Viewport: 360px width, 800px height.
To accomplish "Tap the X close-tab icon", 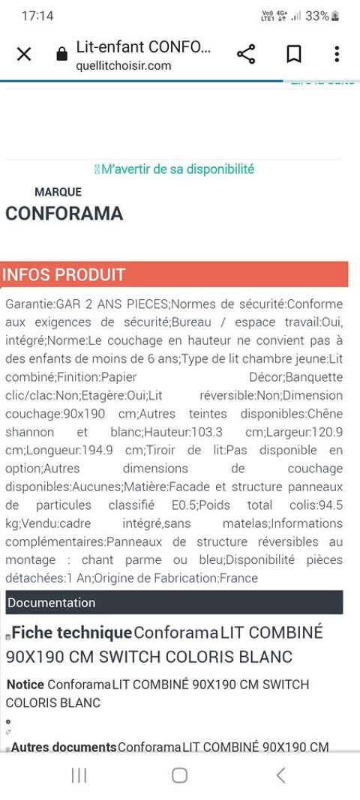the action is click(24, 54).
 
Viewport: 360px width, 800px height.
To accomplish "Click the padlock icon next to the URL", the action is click(62, 55).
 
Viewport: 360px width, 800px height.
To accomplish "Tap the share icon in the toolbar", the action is click(246, 54).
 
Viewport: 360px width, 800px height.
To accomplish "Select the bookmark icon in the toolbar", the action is click(293, 54).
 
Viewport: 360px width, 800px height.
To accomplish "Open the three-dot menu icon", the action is click(337, 54).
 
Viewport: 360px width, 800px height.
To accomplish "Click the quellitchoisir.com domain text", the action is click(123, 65).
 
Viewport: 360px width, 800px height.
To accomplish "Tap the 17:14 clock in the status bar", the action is click(37, 16).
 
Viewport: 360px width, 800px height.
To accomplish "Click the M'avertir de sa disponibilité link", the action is click(177, 169).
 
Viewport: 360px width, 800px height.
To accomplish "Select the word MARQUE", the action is click(58, 192).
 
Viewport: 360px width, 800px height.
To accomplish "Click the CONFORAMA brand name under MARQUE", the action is click(64, 214).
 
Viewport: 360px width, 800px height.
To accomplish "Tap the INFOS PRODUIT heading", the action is click(64, 274).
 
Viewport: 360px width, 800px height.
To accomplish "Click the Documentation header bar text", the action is click(51, 603).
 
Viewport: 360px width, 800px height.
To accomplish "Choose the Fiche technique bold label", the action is click(71, 633).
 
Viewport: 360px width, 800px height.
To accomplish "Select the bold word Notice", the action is click(25, 685).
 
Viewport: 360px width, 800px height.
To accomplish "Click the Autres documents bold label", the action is click(64, 747).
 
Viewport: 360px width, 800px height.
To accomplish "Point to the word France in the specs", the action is click(239, 578).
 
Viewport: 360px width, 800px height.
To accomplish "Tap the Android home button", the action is click(179, 775).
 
